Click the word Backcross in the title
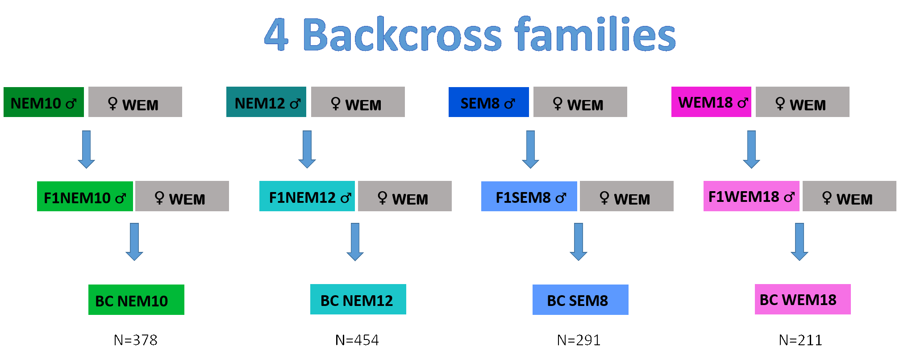tap(402, 34)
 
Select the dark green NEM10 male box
tap(44, 102)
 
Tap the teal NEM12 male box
tap(266, 102)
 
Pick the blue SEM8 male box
tap(489, 102)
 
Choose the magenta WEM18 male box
tap(711, 102)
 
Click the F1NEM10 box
tap(85, 196)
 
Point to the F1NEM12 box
tap(307, 196)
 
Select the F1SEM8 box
tap(529, 196)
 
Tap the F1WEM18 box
tap(751, 196)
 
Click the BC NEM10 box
tap(136, 300)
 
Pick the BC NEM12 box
tap(358, 299)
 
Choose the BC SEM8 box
tap(580, 300)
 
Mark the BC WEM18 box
tap(803, 299)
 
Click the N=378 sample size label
tap(136, 340)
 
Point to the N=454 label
tap(357, 340)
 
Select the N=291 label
tap(579, 340)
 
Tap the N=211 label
tap(800, 340)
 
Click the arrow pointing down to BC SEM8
tap(579, 242)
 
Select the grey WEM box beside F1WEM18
tap(850, 196)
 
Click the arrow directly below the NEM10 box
tap(86, 149)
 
